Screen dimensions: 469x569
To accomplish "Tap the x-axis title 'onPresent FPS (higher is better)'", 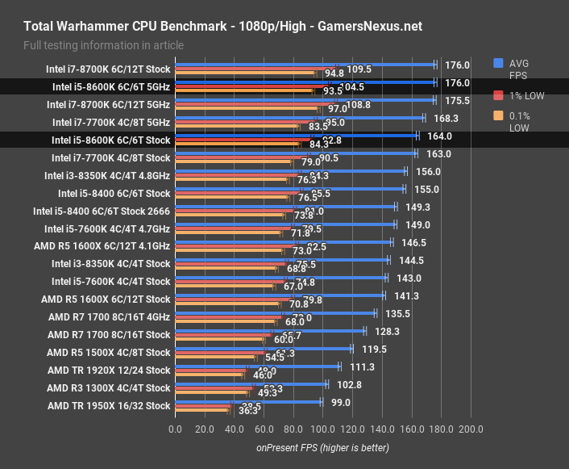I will click(322, 447).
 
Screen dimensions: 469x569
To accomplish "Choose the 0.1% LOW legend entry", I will click(520, 122).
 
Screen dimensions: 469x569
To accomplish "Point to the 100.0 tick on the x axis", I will click(322, 429).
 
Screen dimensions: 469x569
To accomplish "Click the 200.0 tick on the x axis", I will click(470, 429).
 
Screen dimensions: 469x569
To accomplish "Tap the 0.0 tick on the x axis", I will click(175, 429).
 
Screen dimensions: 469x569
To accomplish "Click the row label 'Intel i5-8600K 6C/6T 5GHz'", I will click(111, 87).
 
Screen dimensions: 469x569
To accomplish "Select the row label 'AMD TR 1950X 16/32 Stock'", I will click(109, 406).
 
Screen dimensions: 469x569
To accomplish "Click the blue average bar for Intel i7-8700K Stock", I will click(305, 64).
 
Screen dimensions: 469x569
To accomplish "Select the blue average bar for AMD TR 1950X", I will click(248, 400).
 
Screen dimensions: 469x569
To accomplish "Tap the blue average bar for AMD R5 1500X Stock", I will click(264, 349).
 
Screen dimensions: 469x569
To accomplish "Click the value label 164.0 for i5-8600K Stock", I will click(438, 136).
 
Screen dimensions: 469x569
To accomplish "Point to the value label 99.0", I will click(340, 402).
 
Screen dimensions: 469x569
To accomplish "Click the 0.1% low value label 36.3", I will click(248, 411).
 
